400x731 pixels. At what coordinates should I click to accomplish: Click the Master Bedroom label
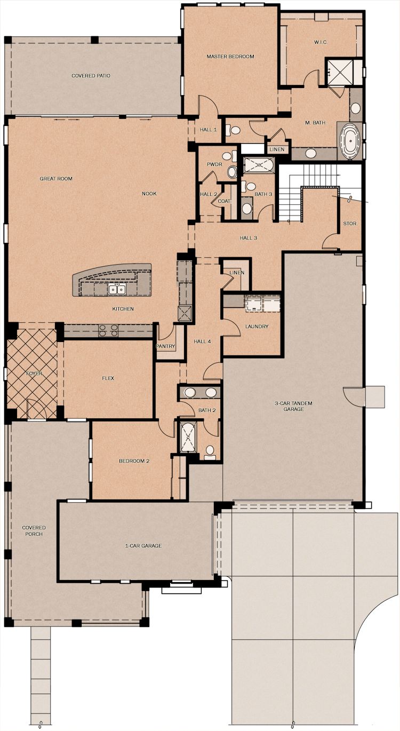coord(230,57)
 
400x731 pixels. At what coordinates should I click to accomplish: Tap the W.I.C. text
coord(321,42)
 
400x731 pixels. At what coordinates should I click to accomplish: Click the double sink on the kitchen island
coord(117,289)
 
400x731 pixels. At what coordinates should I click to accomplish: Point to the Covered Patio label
coord(91,76)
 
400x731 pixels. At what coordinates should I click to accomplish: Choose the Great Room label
coord(56,179)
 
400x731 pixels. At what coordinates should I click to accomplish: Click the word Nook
coord(149,194)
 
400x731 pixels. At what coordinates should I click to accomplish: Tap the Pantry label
coord(166,346)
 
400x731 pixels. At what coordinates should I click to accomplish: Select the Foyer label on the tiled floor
coord(34,374)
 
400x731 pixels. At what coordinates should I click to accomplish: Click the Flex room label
coord(108,378)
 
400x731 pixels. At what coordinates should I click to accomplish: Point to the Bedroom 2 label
coord(134,461)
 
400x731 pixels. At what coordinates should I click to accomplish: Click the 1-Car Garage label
coord(143,546)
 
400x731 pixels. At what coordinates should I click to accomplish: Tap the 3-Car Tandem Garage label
coord(293,406)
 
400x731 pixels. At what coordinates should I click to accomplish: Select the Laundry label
coord(257,327)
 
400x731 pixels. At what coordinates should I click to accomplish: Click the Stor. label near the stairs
coord(350,224)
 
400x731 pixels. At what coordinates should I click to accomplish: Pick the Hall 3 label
coord(249,238)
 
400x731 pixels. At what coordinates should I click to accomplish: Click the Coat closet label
coord(224,201)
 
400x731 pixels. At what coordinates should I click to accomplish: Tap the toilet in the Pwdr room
coord(233,172)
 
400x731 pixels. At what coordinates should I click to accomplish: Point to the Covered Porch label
coord(34,530)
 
